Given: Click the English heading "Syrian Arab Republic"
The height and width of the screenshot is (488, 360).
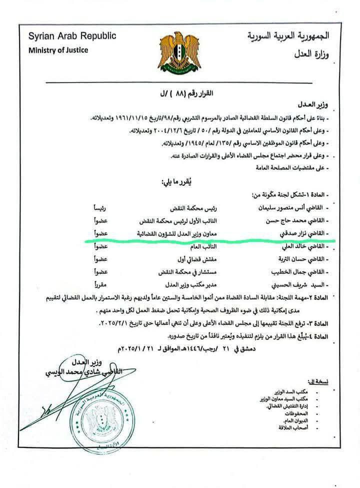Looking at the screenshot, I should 72,36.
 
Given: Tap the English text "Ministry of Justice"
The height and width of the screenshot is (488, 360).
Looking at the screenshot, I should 58,50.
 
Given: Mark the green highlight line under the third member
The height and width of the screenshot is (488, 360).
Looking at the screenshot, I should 210,240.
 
